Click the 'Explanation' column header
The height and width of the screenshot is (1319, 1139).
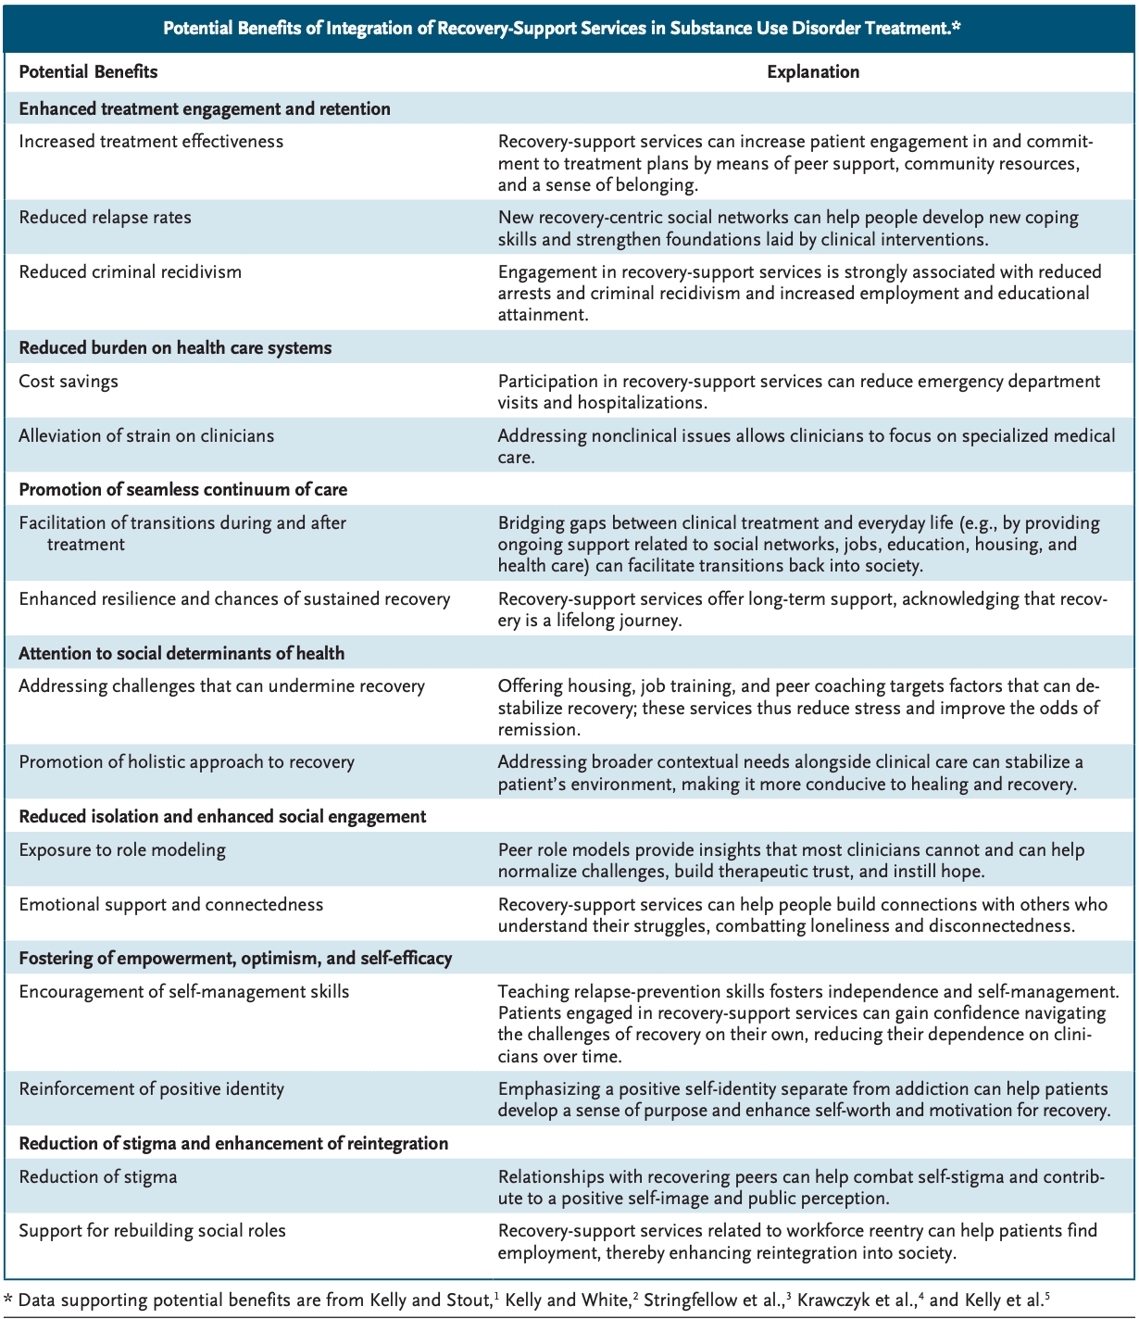[812, 72]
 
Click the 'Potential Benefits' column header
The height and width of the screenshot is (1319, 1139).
[88, 72]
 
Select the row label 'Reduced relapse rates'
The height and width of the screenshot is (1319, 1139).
[105, 218]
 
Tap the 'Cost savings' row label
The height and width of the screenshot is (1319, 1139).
[69, 382]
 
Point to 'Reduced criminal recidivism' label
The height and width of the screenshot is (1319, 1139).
[130, 272]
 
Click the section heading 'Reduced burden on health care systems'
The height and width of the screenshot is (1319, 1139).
[175, 348]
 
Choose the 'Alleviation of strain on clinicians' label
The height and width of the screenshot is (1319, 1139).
[146, 436]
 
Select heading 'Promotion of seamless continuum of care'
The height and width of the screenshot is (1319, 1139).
[183, 490]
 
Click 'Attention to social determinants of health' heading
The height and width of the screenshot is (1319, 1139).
[181, 654]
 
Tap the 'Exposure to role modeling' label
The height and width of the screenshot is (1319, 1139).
[122, 850]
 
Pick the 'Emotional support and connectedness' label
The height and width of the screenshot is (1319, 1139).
[171, 905]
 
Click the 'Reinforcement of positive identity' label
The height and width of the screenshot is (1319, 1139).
[151, 1089]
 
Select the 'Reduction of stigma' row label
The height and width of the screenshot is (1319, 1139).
[98, 1177]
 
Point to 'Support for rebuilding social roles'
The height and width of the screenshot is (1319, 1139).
[152, 1231]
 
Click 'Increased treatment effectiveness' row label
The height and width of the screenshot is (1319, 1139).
[151, 142]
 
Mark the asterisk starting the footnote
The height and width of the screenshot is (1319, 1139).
[8, 1300]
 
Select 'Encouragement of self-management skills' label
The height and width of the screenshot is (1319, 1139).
[184, 992]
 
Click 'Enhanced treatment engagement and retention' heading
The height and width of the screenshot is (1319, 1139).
[205, 109]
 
